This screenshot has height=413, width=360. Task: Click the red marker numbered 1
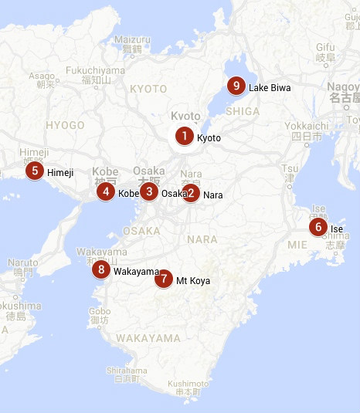coord(184,137)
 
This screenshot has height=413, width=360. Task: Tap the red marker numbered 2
coord(190,194)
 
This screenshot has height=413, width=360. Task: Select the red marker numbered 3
coord(149,191)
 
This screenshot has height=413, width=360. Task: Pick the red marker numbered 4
coord(106,191)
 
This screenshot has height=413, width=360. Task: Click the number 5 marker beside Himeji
coord(34,171)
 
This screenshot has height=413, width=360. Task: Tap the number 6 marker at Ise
coord(318,227)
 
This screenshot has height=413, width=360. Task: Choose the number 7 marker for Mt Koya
coord(162,279)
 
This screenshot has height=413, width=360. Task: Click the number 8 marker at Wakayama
coord(100,270)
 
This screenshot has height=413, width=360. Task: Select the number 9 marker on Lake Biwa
coord(236,86)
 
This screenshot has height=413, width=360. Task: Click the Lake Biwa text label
coord(270,88)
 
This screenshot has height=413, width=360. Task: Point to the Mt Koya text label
coord(193,281)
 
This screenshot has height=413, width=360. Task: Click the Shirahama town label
coord(126,370)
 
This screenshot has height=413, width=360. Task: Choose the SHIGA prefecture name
coord(242,111)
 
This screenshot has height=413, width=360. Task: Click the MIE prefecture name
coord(297,245)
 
